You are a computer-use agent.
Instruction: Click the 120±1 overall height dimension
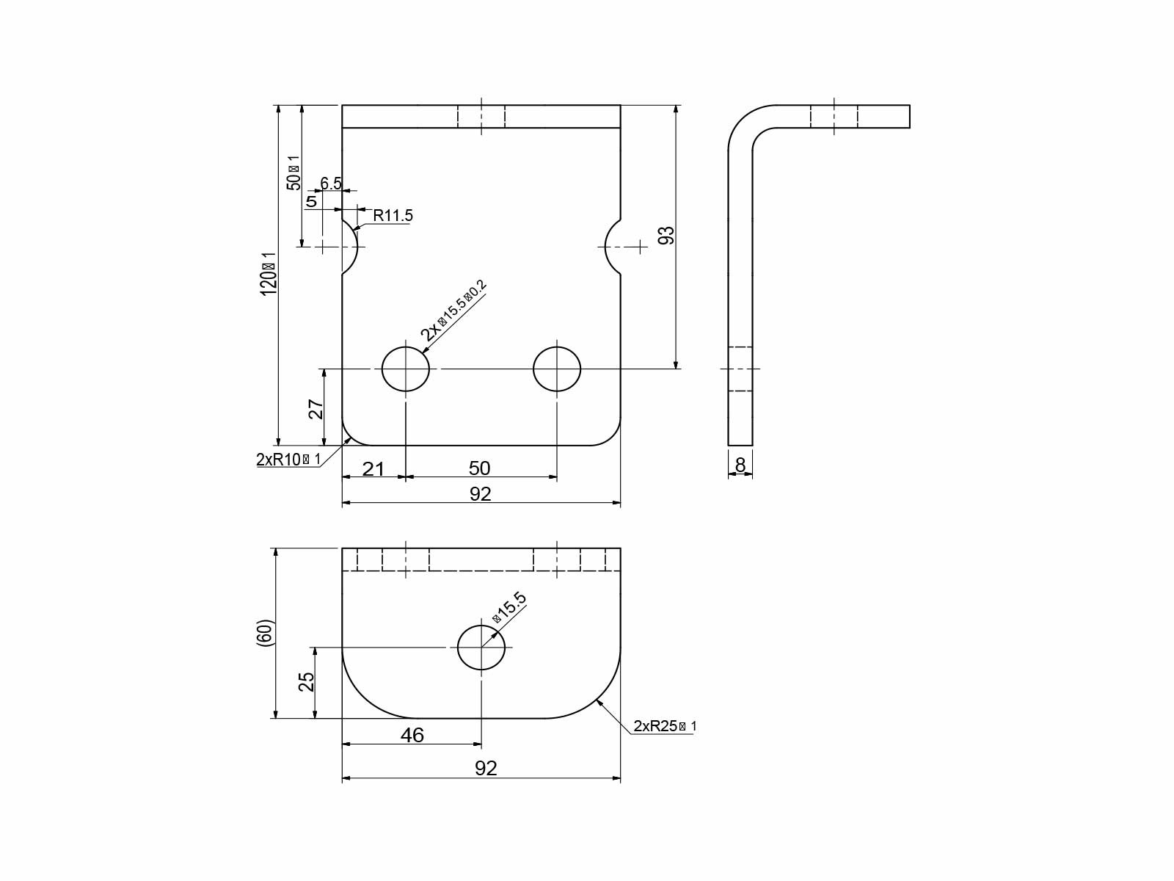pyautogui.click(x=269, y=275)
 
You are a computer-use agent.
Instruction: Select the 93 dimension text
pyautogui.click(x=666, y=236)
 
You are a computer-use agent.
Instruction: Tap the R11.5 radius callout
pyautogui.click(x=393, y=216)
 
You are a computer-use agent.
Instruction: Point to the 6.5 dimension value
pyautogui.click(x=331, y=183)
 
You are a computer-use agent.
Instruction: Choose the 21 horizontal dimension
pyautogui.click(x=373, y=468)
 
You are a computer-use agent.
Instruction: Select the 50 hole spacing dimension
pyautogui.click(x=479, y=468)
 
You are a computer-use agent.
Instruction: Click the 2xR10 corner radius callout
pyautogui.click(x=288, y=460)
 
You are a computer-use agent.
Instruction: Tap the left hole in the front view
pyautogui.click(x=405, y=369)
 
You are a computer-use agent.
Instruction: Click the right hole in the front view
pyautogui.click(x=557, y=369)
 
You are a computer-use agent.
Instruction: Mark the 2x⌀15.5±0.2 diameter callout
pyautogui.click(x=453, y=310)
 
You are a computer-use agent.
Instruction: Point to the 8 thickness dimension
pyautogui.click(x=740, y=465)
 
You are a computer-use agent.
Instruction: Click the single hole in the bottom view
pyautogui.click(x=481, y=647)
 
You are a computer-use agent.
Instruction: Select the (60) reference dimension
pyautogui.click(x=265, y=633)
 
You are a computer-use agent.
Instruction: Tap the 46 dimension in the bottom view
pyautogui.click(x=412, y=735)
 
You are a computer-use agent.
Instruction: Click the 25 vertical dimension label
pyautogui.click(x=307, y=682)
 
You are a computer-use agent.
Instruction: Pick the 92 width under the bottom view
pyautogui.click(x=486, y=768)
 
